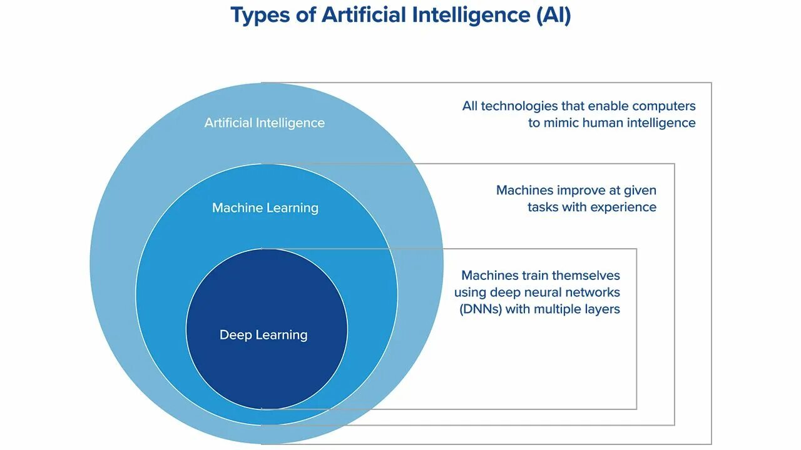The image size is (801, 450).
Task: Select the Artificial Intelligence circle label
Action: pyautogui.click(x=264, y=122)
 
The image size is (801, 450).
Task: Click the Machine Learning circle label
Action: pyautogui.click(x=265, y=207)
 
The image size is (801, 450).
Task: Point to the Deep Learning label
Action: pyautogui.click(x=263, y=335)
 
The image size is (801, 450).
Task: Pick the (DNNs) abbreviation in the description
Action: pyautogui.click(x=480, y=309)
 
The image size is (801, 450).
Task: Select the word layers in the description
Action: pyautogui.click(x=601, y=309)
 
